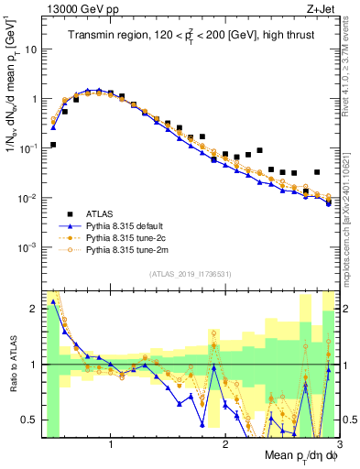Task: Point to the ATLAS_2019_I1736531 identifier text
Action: click(190, 274)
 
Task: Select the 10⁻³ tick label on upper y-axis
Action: click(27, 247)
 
